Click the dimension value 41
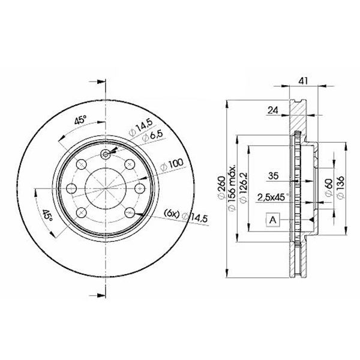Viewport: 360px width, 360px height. (x=303, y=81)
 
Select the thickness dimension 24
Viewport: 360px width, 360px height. (x=273, y=110)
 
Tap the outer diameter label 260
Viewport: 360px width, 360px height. (x=222, y=188)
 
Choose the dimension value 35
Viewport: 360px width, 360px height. (x=273, y=176)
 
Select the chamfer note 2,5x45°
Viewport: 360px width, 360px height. (x=272, y=197)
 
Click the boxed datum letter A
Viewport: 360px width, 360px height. (x=273, y=220)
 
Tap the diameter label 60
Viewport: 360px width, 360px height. (x=329, y=187)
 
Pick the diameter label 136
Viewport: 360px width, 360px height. (x=340, y=187)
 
